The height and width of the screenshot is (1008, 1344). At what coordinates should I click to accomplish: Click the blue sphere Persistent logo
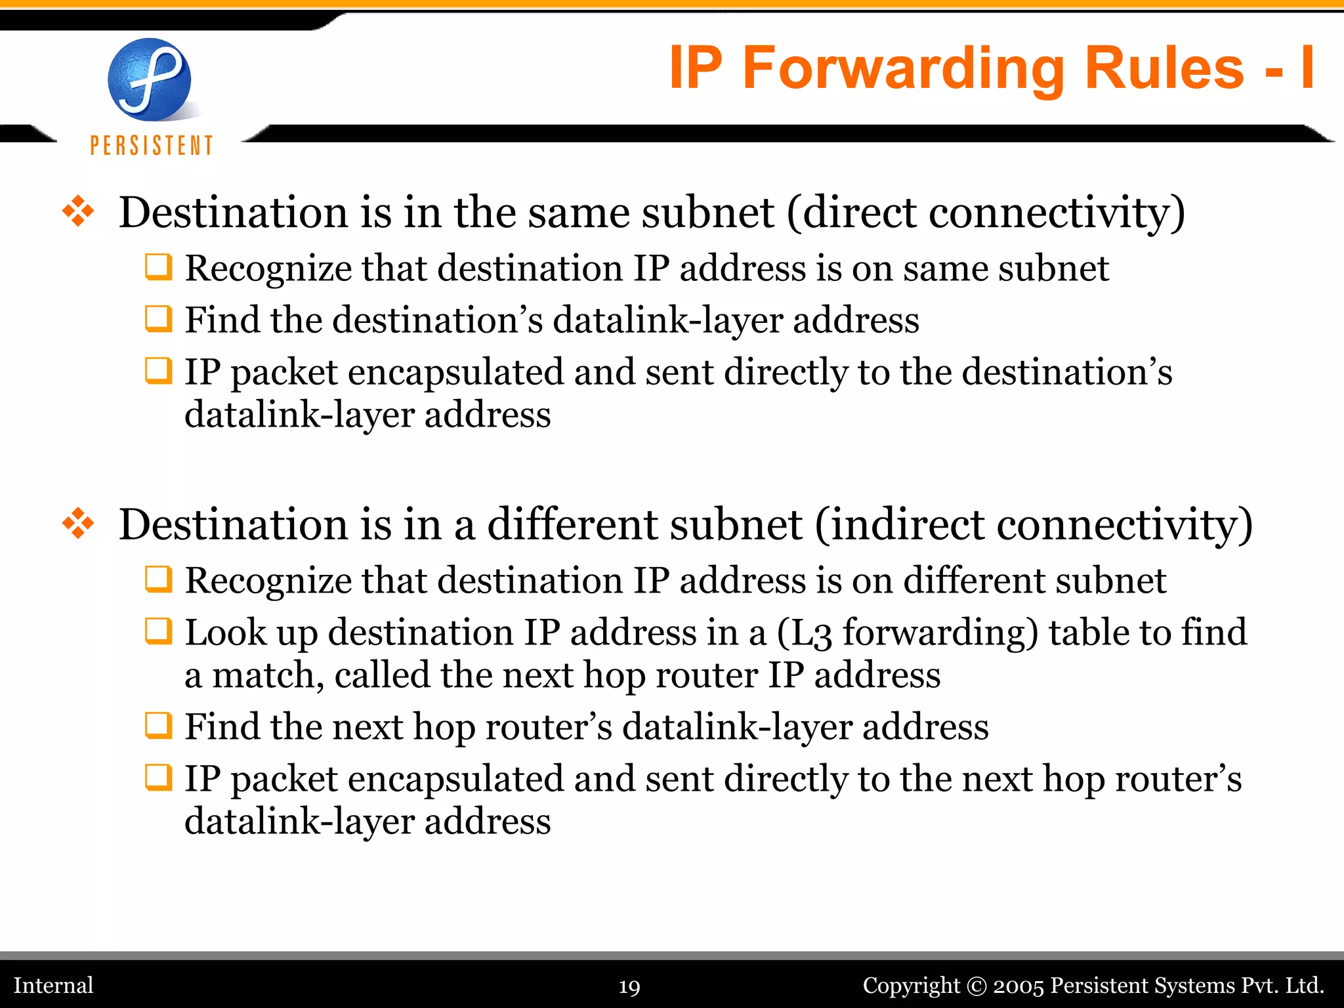[x=150, y=79]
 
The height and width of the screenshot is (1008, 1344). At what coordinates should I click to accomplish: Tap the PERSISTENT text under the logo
[x=152, y=145]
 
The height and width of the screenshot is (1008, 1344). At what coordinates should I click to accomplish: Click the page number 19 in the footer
[x=629, y=987]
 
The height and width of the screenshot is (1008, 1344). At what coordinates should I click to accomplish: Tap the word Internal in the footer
[x=54, y=985]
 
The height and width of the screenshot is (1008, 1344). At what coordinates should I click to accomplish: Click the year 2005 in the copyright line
[x=1018, y=986]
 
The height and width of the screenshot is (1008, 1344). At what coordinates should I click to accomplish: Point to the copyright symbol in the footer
[x=976, y=986]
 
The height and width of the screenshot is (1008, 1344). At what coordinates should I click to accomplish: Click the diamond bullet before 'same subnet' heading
[x=78, y=212]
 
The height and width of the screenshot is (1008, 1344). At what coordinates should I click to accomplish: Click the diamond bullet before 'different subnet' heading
[x=78, y=524]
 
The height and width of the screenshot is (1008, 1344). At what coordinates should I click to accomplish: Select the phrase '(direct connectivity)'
[x=985, y=213]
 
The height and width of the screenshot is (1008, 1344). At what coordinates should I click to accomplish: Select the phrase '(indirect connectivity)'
[x=1034, y=525]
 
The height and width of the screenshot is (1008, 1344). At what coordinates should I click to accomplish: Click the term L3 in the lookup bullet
[x=812, y=633]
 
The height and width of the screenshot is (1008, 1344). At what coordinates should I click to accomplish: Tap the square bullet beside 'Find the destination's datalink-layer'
[x=158, y=319]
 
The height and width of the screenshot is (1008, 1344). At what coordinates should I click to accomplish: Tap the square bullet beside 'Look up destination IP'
[x=158, y=631]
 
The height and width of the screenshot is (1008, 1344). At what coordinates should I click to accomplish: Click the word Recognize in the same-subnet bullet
[x=268, y=269]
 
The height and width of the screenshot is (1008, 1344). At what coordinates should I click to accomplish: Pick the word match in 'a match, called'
[x=268, y=675]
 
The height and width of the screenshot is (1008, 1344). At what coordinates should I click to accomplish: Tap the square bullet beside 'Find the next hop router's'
[x=158, y=726]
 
